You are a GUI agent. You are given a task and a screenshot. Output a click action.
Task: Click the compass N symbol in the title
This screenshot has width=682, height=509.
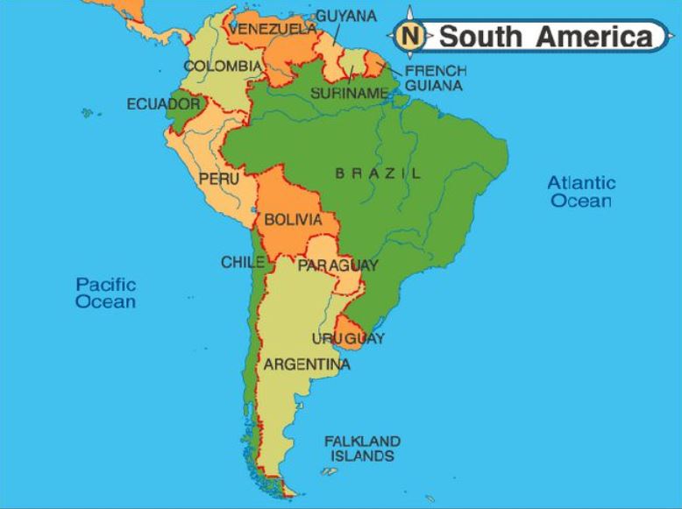(x=410, y=37)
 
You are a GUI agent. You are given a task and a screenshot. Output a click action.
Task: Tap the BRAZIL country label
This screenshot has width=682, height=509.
(x=378, y=173)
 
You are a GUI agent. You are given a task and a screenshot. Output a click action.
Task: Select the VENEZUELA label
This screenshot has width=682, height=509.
(x=273, y=30)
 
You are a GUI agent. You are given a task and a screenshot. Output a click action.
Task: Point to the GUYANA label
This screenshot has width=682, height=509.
(x=346, y=16)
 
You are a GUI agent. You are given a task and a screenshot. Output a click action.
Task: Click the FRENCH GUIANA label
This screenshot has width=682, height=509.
(x=435, y=78)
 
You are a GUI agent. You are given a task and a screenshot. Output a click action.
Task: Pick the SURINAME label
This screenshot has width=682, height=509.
(x=349, y=93)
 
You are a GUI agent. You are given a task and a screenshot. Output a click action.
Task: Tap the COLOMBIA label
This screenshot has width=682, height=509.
(x=222, y=66)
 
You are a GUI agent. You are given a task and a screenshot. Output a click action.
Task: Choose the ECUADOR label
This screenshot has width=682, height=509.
(x=163, y=104)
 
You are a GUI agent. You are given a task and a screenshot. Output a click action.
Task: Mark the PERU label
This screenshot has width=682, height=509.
(x=218, y=179)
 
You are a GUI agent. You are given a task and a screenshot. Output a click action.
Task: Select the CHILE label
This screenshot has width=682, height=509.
(x=243, y=262)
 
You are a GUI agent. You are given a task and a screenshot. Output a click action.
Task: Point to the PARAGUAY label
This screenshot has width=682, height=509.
(x=337, y=265)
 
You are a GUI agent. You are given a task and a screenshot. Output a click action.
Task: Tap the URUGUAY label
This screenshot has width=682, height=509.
(x=348, y=338)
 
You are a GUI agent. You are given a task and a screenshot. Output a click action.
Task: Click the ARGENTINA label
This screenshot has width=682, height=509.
(x=306, y=364)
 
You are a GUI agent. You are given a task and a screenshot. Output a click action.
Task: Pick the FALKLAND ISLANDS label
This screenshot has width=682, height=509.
(x=362, y=449)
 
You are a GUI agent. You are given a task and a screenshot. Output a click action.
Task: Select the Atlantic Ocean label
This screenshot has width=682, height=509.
(x=581, y=192)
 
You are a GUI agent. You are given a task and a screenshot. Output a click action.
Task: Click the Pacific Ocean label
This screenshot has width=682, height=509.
(x=105, y=293)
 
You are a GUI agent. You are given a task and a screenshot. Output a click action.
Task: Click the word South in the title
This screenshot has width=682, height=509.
(x=481, y=37)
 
